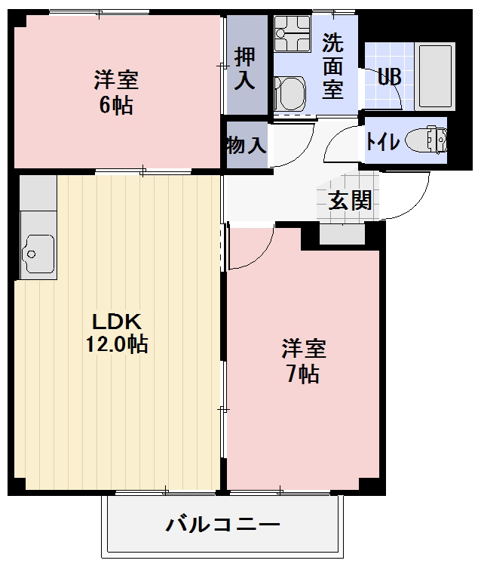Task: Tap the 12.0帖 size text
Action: point(116,346)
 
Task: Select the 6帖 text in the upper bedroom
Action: point(116,105)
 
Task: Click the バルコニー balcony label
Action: point(223,525)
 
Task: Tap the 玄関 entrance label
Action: point(349,200)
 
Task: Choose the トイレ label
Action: point(383,141)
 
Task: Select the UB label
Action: point(389,78)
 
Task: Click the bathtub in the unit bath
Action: point(435,76)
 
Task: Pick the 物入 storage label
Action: point(246,145)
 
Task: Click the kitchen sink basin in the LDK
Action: point(38,252)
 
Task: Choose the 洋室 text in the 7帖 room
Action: point(304,349)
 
